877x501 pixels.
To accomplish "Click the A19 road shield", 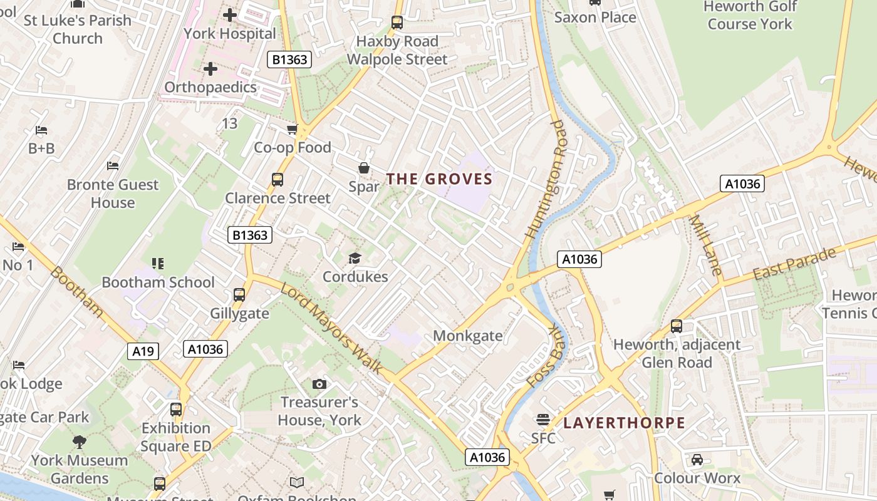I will (x=143, y=351).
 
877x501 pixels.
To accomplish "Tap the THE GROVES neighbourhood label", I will (x=439, y=179).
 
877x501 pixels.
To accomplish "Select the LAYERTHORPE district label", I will (x=624, y=423).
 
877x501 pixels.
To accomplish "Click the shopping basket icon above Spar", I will (x=363, y=168).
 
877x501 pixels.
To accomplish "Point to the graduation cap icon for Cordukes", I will (x=355, y=258).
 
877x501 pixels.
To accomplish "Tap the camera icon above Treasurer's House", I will (x=319, y=384).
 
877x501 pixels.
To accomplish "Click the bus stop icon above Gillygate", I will (x=239, y=294).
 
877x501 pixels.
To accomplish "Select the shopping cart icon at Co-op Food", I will (x=292, y=130).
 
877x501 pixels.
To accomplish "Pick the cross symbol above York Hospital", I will (x=230, y=14).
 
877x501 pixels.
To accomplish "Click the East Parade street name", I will (x=794, y=264).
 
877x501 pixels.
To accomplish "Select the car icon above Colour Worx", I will (x=697, y=460).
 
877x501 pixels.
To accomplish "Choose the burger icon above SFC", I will (x=542, y=420).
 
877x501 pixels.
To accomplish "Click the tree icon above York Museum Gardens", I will (x=80, y=442).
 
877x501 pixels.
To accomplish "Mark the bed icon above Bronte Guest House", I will (x=113, y=166).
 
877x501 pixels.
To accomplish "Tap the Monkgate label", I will (x=468, y=336).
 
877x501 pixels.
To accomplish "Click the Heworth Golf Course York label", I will (x=750, y=16).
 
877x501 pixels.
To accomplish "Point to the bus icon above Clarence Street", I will (x=278, y=180).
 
